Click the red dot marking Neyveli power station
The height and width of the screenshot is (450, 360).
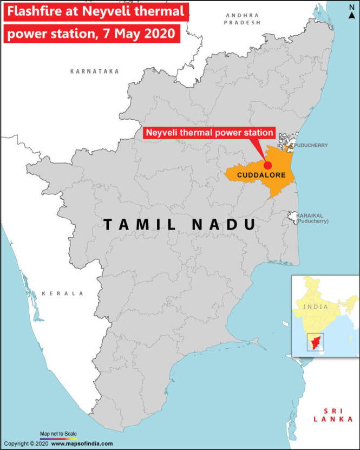tap(267, 165)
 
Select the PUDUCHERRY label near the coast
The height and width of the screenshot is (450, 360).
tap(311, 146)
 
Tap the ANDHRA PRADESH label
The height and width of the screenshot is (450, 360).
tap(243, 19)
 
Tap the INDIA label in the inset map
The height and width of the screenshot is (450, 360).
tap(316, 306)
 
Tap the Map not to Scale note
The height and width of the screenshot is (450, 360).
tap(58, 434)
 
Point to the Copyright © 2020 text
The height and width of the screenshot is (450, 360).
tap(25, 444)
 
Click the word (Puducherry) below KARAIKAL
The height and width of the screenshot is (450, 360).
tap(312, 221)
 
